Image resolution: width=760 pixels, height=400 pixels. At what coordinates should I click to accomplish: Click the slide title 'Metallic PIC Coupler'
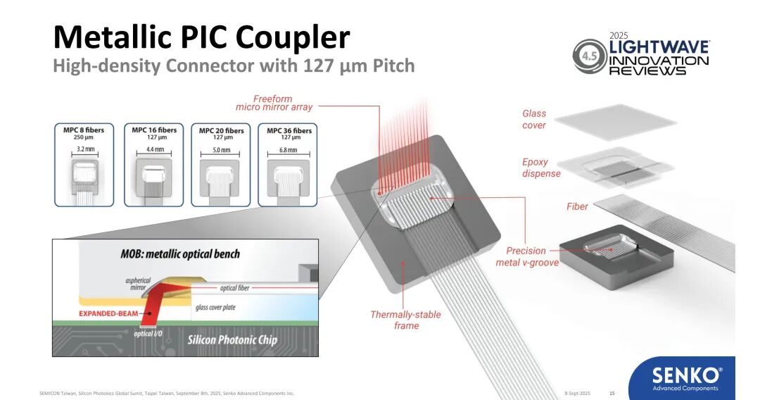tap(201, 37)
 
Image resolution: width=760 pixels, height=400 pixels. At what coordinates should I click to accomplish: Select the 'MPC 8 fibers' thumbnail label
tap(84, 130)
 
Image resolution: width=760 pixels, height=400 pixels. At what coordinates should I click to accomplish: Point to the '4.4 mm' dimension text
tap(154, 150)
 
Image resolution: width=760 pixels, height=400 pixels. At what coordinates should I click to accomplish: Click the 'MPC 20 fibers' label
tap(221, 130)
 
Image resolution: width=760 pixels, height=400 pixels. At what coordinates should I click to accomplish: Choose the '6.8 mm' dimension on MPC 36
tap(287, 150)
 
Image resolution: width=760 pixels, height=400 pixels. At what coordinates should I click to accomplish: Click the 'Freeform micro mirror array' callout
tap(274, 103)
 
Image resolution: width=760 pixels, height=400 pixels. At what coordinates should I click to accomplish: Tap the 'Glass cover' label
tap(534, 119)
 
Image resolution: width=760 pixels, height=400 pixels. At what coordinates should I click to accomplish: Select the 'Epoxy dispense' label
tap(541, 168)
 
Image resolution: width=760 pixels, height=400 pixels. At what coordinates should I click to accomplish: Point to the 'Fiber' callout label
tap(577, 206)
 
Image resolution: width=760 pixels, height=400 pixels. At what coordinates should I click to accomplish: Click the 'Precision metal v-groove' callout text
tap(526, 256)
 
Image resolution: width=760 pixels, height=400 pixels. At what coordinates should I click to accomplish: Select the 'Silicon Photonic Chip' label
tap(232, 340)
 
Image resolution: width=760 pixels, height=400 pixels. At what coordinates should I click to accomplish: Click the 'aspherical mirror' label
tap(138, 284)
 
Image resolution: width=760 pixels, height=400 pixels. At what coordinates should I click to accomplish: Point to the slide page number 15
tap(612, 393)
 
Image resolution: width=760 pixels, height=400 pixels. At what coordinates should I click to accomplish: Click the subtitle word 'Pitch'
tap(390, 66)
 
